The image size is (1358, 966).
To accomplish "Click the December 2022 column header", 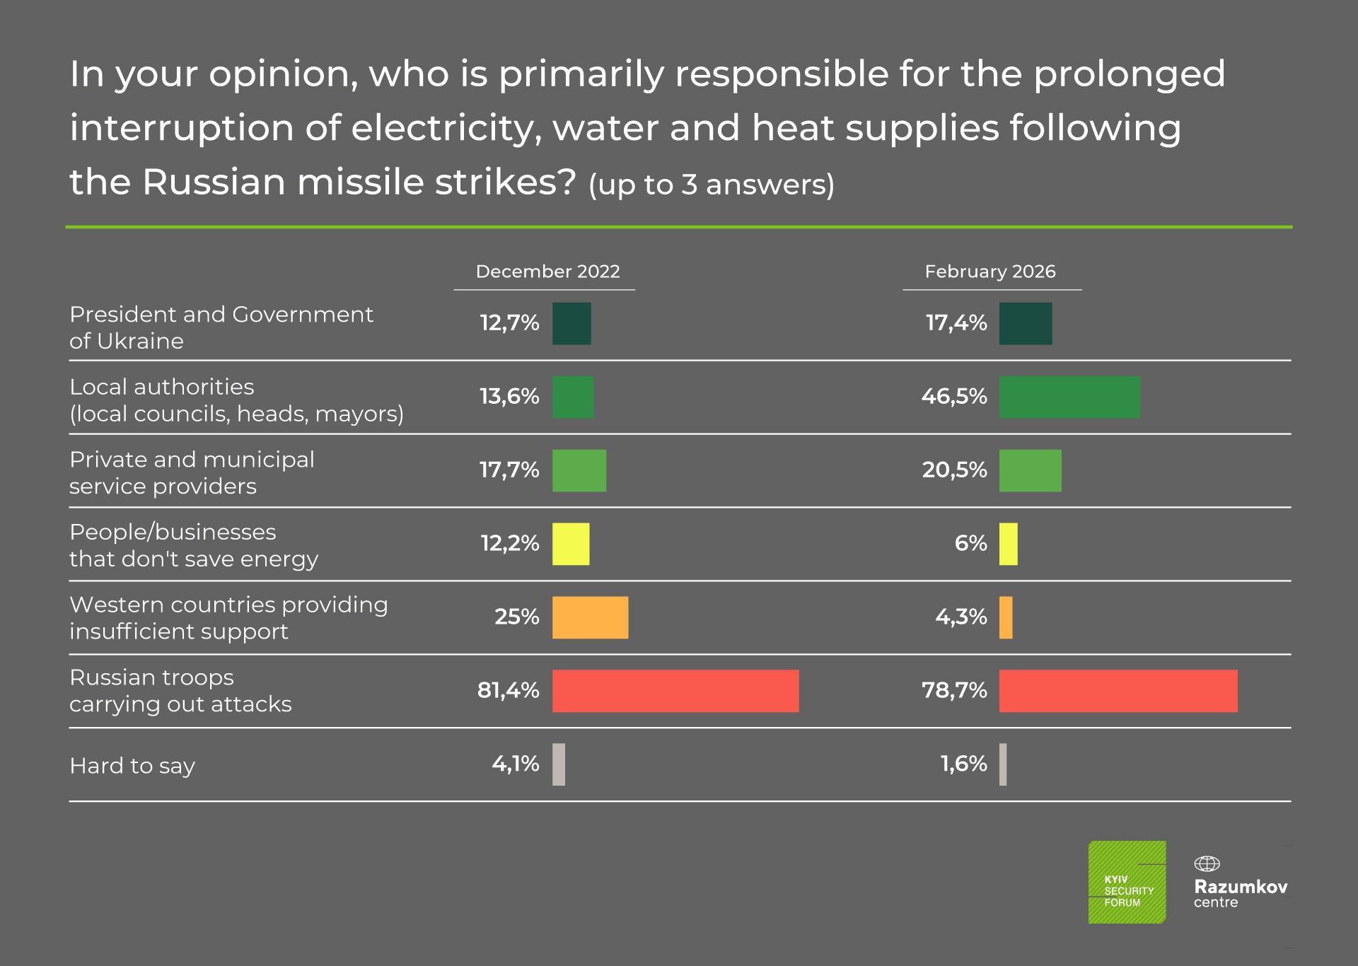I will pyautogui.click(x=547, y=272).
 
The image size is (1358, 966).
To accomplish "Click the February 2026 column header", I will pyautogui.click(x=990, y=272).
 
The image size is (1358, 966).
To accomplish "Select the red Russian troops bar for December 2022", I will pyautogui.click(x=675, y=691).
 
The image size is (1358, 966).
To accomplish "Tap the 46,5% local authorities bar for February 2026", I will pyautogui.click(x=1069, y=397).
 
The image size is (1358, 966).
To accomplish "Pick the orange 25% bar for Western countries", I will pyautogui.click(x=590, y=617).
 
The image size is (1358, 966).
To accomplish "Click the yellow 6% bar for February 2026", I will pyautogui.click(x=1009, y=544).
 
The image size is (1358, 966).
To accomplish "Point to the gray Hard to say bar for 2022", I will pyautogui.click(x=559, y=764).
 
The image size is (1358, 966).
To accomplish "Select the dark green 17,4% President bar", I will pyautogui.click(x=1026, y=324).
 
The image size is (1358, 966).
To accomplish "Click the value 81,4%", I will pyautogui.click(x=508, y=690).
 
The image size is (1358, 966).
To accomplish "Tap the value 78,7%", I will pyautogui.click(x=954, y=690).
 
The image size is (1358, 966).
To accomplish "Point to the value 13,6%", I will pyautogui.click(x=509, y=396).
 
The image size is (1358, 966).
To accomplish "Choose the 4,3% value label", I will pyautogui.click(x=961, y=617).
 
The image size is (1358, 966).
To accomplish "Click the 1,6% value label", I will pyautogui.click(x=963, y=764).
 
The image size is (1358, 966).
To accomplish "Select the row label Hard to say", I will pyautogui.click(x=132, y=766).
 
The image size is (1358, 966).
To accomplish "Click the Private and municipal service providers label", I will pyautogui.click(x=192, y=472).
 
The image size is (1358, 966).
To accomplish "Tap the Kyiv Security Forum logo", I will pyautogui.click(x=1127, y=882).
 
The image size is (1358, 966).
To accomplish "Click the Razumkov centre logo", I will pyautogui.click(x=1240, y=884).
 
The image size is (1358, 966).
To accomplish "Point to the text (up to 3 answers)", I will pyautogui.click(x=712, y=185).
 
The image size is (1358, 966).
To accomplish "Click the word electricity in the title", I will pyautogui.click(x=446, y=128).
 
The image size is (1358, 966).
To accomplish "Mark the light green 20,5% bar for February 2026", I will pyautogui.click(x=1030, y=471).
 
